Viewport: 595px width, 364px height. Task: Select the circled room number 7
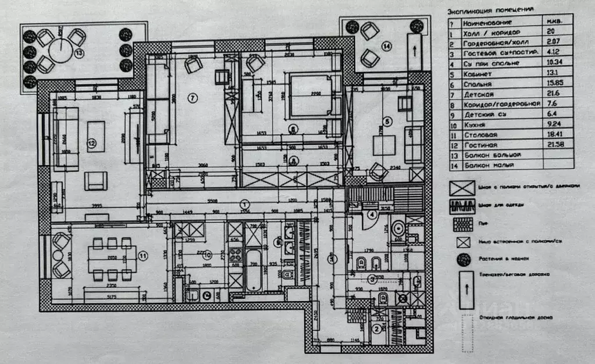pyautogui.click(x=193, y=98)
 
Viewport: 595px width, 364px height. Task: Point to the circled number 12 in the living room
pyautogui.click(x=91, y=143)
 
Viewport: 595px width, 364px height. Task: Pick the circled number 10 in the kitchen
pyautogui.click(x=205, y=255)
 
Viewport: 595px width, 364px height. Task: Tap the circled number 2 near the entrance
pyautogui.click(x=377, y=328)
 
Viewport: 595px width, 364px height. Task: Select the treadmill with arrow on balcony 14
pyautogui.click(x=414, y=51)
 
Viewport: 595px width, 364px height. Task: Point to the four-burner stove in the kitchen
pyautogui.click(x=236, y=255)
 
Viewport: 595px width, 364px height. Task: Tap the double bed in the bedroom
pyautogui.click(x=312, y=96)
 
